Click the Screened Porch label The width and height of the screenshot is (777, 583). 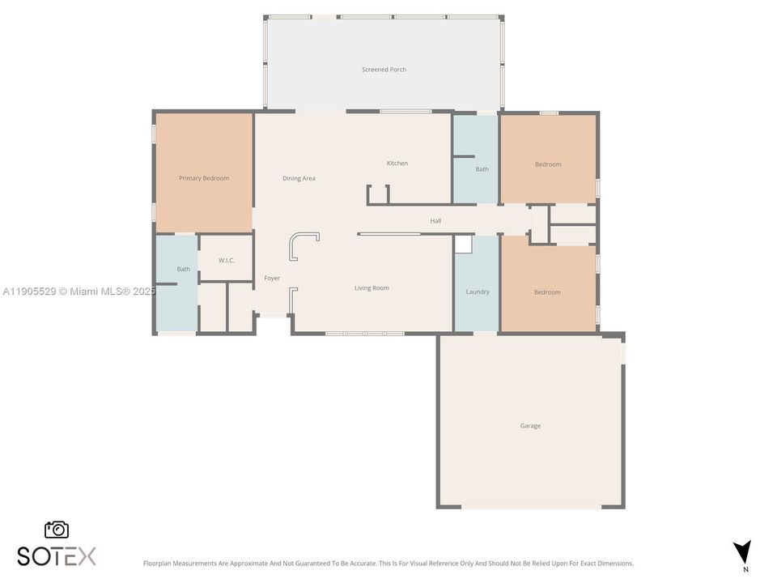click(384, 70)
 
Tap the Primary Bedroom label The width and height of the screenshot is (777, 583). click(204, 178)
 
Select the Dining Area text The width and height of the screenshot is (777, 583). click(299, 178)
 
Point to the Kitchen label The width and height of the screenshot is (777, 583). click(397, 164)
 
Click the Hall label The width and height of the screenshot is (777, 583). click(435, 220)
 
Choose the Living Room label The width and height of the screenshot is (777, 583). click(372, 287)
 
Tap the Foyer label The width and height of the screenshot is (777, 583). click(272, 279)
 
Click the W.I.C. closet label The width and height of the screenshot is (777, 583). click(226, 260)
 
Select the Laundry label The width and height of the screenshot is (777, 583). click(478, 291)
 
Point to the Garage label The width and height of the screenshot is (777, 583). click(530, 426)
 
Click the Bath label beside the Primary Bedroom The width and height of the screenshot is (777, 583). click(184, 269)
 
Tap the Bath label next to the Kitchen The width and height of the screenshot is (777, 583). click(482, 169)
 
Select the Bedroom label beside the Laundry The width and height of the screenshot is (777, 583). click(547, 292)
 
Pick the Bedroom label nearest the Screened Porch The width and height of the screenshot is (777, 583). click(548, 164)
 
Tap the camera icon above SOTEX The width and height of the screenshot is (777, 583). click(57, 530)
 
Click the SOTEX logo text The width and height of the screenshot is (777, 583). click(57, 556)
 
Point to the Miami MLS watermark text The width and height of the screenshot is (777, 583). click(79, 291)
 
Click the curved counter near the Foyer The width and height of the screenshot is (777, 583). click(304, 244)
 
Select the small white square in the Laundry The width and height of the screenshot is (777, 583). click(463, 245)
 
